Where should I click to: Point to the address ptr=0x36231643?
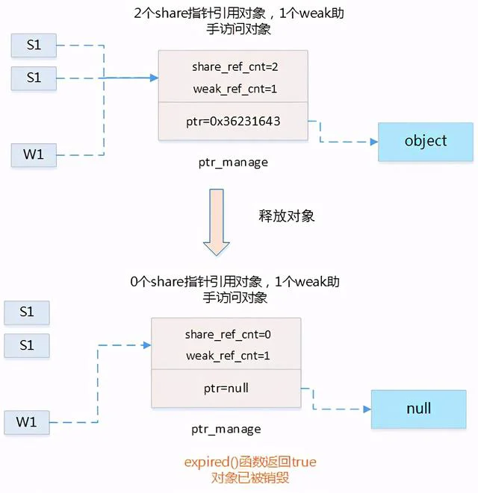click(x=233, y=121)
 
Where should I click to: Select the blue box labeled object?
click(x=426, y=141)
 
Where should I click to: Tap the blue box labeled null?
click(x=418, y=409)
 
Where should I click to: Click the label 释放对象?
click(x=286, y=216)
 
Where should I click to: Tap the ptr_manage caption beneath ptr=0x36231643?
click(x=233, y=162)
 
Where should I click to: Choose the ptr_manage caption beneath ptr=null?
click(x=226, y=429)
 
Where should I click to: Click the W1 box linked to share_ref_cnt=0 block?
click(x=26, y=422)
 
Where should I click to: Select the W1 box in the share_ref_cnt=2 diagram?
click(x=34, y=155)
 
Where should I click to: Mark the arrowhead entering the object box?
click(x=373, y=141)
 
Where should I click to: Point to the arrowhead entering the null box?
click(x=367, y=408)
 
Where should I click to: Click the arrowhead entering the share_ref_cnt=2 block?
click(x=154, y=77)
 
